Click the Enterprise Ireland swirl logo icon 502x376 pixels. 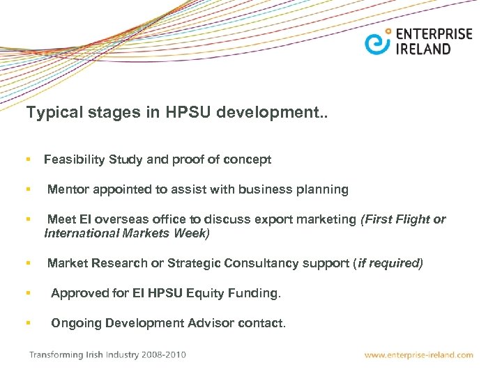click(376, 42)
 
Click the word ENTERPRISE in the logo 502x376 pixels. click(434, 34)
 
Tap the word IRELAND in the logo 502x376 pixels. click(423, 49)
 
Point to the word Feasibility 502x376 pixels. click(74, 159)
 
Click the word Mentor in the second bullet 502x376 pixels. click(67, 189)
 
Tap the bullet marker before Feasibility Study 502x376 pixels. click(29, 159)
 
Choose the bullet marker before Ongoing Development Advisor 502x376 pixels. click(29, 323)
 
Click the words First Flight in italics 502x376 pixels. click(395, 219)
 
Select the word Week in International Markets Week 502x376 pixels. click(192, 233)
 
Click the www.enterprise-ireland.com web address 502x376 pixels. click(419, 355)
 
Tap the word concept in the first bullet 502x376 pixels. click(248, 159)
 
